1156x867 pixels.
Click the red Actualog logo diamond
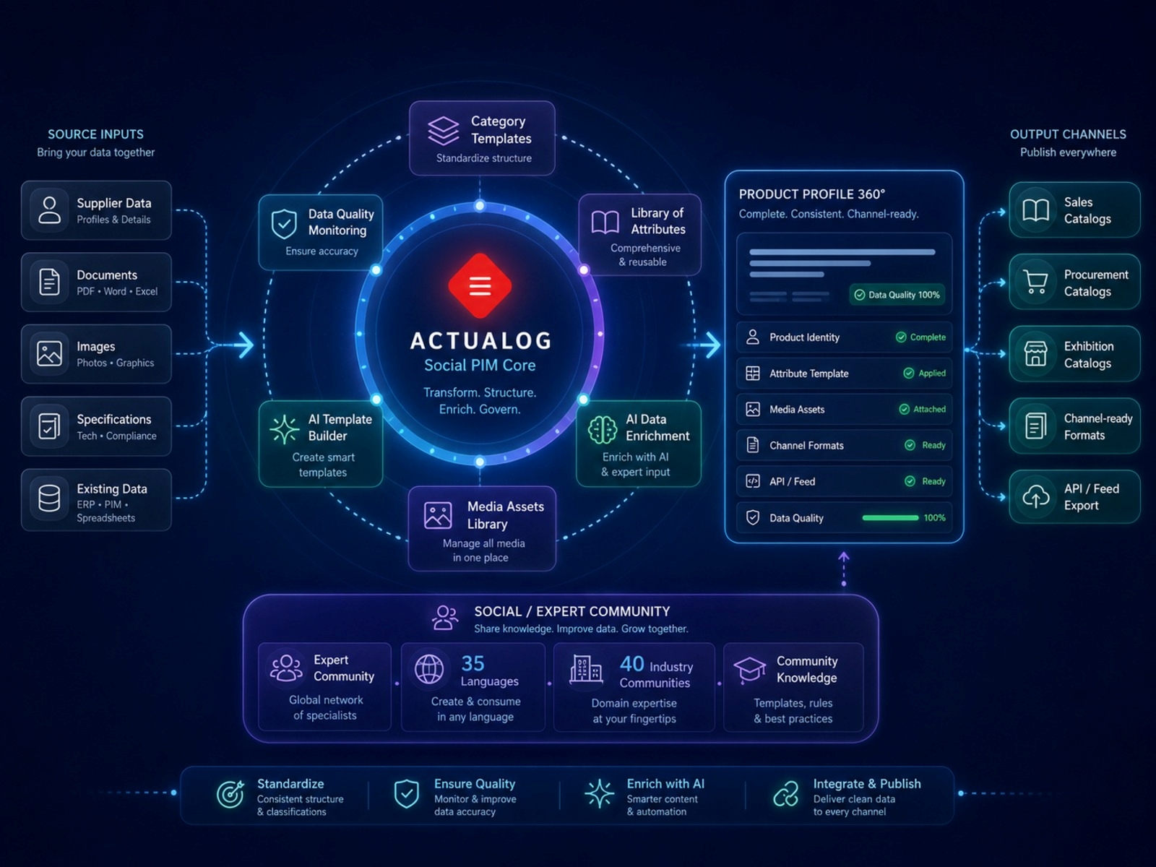click(480, 286)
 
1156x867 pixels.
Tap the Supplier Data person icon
click(50, 210)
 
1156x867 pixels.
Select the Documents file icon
click(50, 282)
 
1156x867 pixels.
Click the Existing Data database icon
click(50, 498)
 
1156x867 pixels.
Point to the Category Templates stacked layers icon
click(443, 131)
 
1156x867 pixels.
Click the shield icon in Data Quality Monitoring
click(284, 224)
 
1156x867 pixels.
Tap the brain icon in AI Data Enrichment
click(602, 430)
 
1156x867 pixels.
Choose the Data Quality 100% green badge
click(897, 295)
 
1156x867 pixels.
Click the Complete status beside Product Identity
click(920, 337)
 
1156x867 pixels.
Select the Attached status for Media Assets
click(922, 409)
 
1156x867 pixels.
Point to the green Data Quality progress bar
click(890, 518)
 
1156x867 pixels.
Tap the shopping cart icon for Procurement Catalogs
click(1035, 282)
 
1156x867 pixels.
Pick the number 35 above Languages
click(473, 664)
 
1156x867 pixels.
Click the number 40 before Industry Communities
click(632, 664)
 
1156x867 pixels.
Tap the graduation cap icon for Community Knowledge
click(749, 670)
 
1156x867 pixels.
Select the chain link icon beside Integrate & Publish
click(786, 794)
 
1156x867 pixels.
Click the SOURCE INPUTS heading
click(96, 134)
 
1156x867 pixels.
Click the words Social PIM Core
click(480, 366)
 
